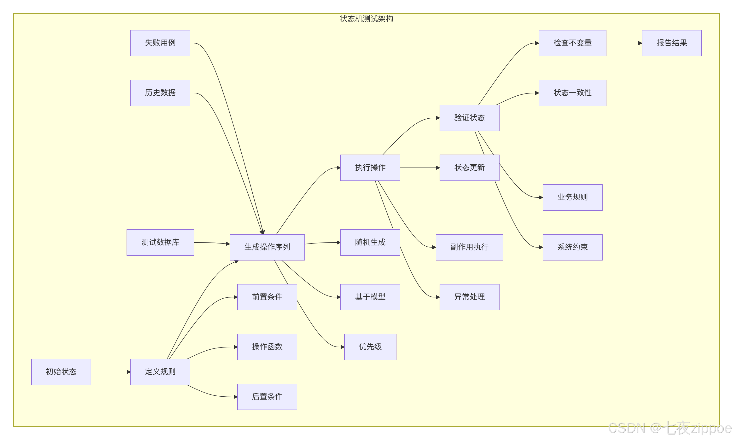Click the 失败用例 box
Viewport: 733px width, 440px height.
pos(160,43)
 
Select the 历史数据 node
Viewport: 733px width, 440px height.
pos(160,93)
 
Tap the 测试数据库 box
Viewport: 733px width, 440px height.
pos(160,242)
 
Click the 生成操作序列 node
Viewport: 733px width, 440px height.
pos(267,247)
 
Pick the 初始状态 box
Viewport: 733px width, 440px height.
pos(61,372)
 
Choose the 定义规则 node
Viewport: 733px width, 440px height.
pos(160,372)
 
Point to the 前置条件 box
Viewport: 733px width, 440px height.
pos(267,297)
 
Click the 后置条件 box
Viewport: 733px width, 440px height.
pos(267,397)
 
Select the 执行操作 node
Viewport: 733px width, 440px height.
pos(370,168)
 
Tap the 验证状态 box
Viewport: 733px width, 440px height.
pos(469,118)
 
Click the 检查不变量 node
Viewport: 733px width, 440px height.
pos(572,43)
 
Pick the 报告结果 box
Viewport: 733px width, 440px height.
pos(672,43)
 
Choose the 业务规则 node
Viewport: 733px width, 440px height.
pos(572,197)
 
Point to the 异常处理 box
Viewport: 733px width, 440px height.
pos(469,297)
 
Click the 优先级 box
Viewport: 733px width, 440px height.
pos(370,347)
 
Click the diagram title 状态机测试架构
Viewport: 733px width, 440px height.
pos(366,19)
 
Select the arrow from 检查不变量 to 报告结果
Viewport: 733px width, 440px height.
pos(624,43)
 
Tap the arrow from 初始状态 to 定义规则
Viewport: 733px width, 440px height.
pos(111,372)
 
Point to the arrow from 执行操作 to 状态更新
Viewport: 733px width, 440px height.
pos(420,168)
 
